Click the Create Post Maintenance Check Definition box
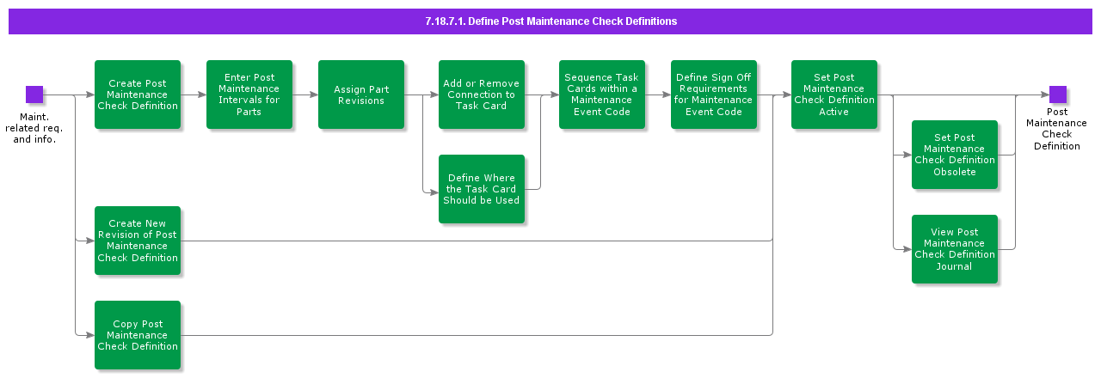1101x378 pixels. [x=138, y=94]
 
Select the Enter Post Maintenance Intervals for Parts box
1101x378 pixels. [x=249, y=94]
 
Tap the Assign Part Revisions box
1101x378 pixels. [x=361, y=94]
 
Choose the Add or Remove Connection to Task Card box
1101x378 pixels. [x=482, y=94]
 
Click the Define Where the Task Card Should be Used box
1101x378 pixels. [x=482, y=189]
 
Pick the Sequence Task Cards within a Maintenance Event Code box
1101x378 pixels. [x=602, y=94]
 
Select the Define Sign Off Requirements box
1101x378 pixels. [x=714, y=94]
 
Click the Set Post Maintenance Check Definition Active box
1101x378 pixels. [x=834, y=94]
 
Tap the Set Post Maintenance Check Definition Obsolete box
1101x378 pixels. [x=955, y=155]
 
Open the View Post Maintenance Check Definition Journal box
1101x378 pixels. [x=955, y=249]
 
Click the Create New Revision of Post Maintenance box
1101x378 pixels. [x=138, y=241]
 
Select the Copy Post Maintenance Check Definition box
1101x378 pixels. [x=138, y=335]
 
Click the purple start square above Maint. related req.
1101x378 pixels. [x=34, y=94]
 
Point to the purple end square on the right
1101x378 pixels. [x=1058, y=94]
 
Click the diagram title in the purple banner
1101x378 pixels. [x=550, y=21]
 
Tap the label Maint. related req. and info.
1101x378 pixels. [x=34, y=128]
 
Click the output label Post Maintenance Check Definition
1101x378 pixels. [x=1057, y=129]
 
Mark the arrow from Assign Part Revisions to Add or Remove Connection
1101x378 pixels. [x=421, y=94]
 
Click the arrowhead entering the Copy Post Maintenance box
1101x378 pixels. [x=90, y=335]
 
